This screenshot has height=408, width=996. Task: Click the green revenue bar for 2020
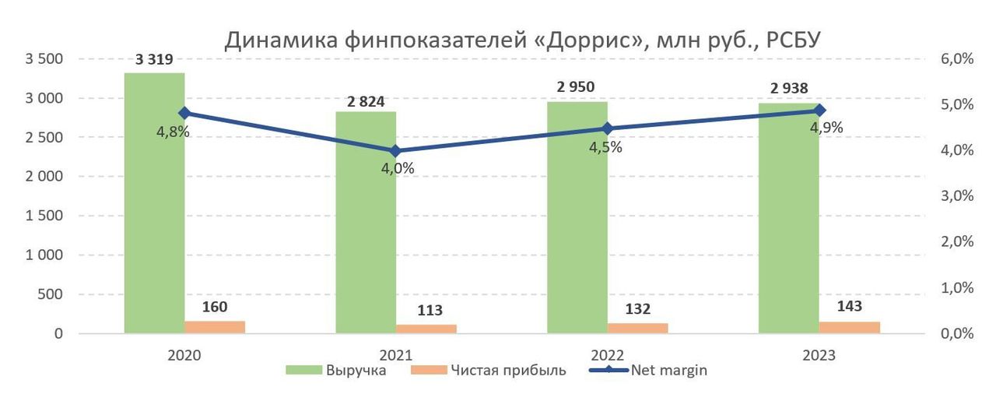pyautogui.click(x=154, y=202)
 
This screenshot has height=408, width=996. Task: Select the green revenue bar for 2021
pyautogui.click(x=366, y=222)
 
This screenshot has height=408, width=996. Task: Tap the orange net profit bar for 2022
pyautogui.click(x=637, y=328)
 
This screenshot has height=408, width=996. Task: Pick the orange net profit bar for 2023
pyautogui.click(x=849, y=327)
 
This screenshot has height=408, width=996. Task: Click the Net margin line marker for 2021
pyautogui.click(x=395, y=151)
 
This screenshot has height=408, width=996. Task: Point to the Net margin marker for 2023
pyautogui.click(x=819, y=111)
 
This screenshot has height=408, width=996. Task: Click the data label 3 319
pyautogui.click(x=154, y=59)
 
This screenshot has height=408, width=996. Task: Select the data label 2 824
pyautogui.click(x=366, y=100)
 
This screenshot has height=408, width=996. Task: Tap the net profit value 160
pyautogui.click(x=215, y=307)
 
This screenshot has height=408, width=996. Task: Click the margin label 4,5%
pyautogui.click(x=605, y=147)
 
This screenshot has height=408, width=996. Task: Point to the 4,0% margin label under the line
pyautogui.click(x=397, y=168)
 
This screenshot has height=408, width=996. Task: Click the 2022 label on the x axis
pyautogui.click(x=607, y=355)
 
